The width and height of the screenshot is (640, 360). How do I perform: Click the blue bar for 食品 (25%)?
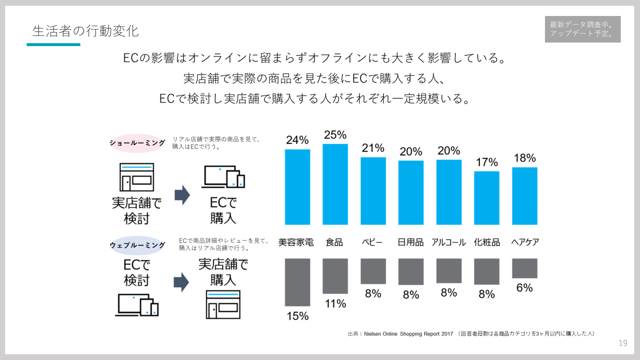(x=335, y=184)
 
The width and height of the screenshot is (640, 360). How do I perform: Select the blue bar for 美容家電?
(x=297, y=187)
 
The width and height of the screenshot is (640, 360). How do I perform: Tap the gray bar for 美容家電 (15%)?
(x=297, y=282)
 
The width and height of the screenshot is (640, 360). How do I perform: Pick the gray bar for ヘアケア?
(x=524, y=268)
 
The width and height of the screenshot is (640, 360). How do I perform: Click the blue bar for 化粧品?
(x=486, y=198)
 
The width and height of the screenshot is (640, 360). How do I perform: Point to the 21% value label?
(x=373, y=148)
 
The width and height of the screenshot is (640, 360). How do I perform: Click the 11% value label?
(x=335, y=303)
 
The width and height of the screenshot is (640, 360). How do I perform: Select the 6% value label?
(x=524, y=288)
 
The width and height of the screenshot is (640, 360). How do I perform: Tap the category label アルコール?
(x=448, y=242)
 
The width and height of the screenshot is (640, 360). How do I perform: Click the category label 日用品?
(x=410, y=242)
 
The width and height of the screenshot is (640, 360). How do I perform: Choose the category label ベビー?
(x=372, y=242)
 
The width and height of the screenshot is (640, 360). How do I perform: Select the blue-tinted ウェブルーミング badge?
(x=137, y=245)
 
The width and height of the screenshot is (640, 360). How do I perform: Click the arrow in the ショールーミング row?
(x=182, y=195)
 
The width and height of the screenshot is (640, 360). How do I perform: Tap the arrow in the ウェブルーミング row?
(x=181, y=282)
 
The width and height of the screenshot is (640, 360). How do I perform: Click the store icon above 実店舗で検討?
(x=136, y=177)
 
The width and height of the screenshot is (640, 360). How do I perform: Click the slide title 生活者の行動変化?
(x=85, y=31)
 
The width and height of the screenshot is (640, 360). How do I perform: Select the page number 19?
(x=622, y=343)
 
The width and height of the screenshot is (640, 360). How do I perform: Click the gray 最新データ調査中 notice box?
(x=582, y=29)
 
